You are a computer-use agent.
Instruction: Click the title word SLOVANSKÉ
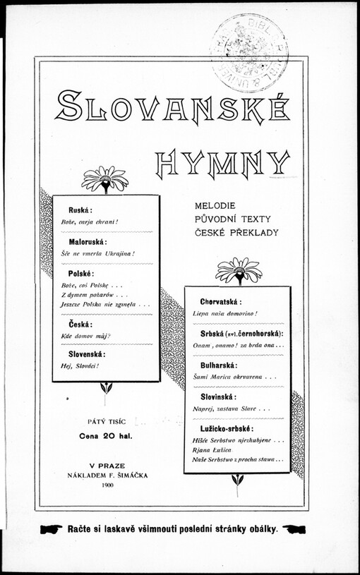(172, 106)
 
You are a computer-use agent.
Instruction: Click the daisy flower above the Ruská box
(104, 178)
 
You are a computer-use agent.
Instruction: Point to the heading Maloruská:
(88, 241)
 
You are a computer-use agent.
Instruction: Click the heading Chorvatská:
(220, 301)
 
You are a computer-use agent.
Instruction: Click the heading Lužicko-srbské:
(226, 428)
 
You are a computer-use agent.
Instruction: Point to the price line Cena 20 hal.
(106, 435)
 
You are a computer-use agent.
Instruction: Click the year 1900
(107, 485)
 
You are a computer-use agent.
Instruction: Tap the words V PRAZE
(107, 466)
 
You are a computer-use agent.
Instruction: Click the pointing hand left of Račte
(52, 528)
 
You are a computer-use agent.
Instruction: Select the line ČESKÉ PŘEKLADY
(236, 232)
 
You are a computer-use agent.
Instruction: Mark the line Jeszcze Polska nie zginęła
(105, 304)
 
